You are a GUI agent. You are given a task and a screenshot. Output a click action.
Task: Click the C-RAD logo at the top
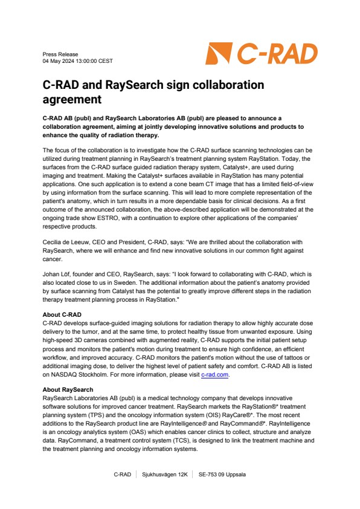pos(262,54)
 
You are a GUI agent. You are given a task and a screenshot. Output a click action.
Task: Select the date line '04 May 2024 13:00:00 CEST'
pos(78,61)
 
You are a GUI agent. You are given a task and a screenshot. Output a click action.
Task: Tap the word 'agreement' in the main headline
pos(72,99)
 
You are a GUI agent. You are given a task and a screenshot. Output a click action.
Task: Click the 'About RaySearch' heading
pos(68,390)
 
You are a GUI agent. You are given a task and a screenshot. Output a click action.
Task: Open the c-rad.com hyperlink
pos(215,375)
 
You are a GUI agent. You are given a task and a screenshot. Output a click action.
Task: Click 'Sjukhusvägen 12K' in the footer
pos(164,475)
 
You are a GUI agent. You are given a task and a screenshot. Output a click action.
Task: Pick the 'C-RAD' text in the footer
pos(123,475)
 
